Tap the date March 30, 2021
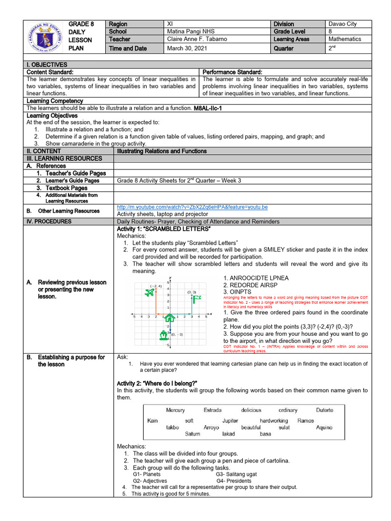[x=186, y=49]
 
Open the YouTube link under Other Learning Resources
[x=192, y=207]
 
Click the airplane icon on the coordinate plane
[x=149, y=293]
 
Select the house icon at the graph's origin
[x=170, y=318]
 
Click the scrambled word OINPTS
[x=237, y=292]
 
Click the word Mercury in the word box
[x=176, y=410]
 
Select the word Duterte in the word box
[x=324, y=410]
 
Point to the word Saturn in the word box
[x=192, y=434]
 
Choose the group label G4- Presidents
[x=234, y=481]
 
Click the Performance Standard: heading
[x=232, y=72]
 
